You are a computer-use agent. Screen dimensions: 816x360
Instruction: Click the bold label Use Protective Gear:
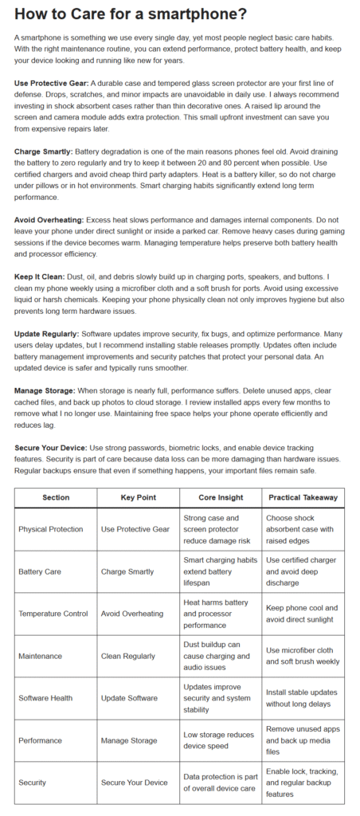pyautogui.click(x=52, y=84)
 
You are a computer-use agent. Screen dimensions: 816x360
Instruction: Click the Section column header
pyautogui.click(x=56, y=497)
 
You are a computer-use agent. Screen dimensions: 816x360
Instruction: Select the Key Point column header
pyautogui.click(x=138, y=497)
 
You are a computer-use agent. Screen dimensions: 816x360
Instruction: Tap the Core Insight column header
pyautogui.click(x=220, y=497)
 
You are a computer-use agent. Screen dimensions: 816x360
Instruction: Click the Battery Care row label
pyautogui.click(x=39, y=571)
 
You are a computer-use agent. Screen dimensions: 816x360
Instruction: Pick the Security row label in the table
pyautogui.click(x=33, y=783)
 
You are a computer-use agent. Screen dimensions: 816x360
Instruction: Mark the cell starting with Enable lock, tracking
pyautogui.click(x=302, y=783)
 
